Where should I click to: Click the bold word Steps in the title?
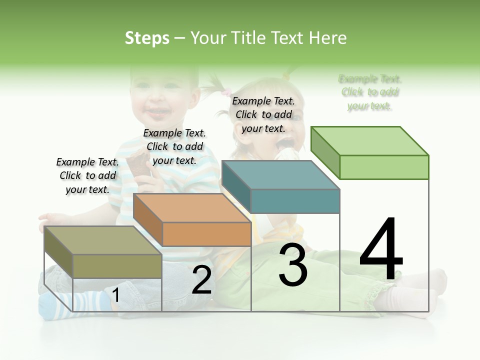(x=147, y=38)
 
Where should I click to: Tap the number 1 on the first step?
(x=115, y=295)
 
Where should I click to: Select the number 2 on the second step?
(x=201, y=280)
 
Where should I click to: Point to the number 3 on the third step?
(x=292, y=265)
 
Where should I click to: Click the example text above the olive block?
(x=87, y=175)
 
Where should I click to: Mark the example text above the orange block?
(x=174, y=146)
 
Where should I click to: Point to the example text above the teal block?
(x=263, y=114)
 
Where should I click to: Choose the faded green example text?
(x=370, y=92)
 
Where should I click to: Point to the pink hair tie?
(x=227, y=92)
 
